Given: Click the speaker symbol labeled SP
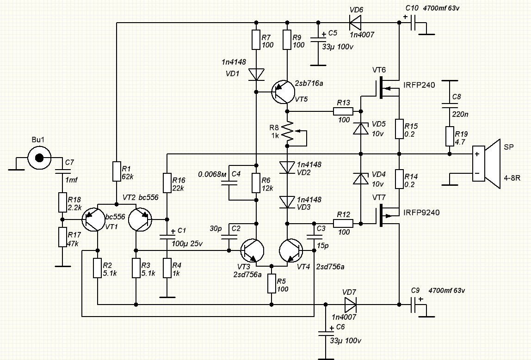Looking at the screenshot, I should pyautogui.click(x=486, y=164).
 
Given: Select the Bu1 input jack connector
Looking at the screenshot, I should pyautogui.click(x=39, y=158).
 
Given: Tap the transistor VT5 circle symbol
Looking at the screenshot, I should pyautogui.click(x=282, y=92).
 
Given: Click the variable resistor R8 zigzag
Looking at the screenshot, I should pyautogui.click(x=287, y=132).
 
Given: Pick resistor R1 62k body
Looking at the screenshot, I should pyautogui.click(x=116, y=171).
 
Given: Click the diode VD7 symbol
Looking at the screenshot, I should pyautogui.click(x=350, y=304).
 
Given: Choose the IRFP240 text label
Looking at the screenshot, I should pyautogui.click(x=419, y=85).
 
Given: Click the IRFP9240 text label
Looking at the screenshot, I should pyautogui.click(x=421, y=213).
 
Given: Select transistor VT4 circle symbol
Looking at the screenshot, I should pyautogui.click(x=291, y=251).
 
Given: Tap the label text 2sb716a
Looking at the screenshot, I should pyautogui.click(x=309, y=84).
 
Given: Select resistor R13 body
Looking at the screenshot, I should pyautogui.click(x=343, y=111).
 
